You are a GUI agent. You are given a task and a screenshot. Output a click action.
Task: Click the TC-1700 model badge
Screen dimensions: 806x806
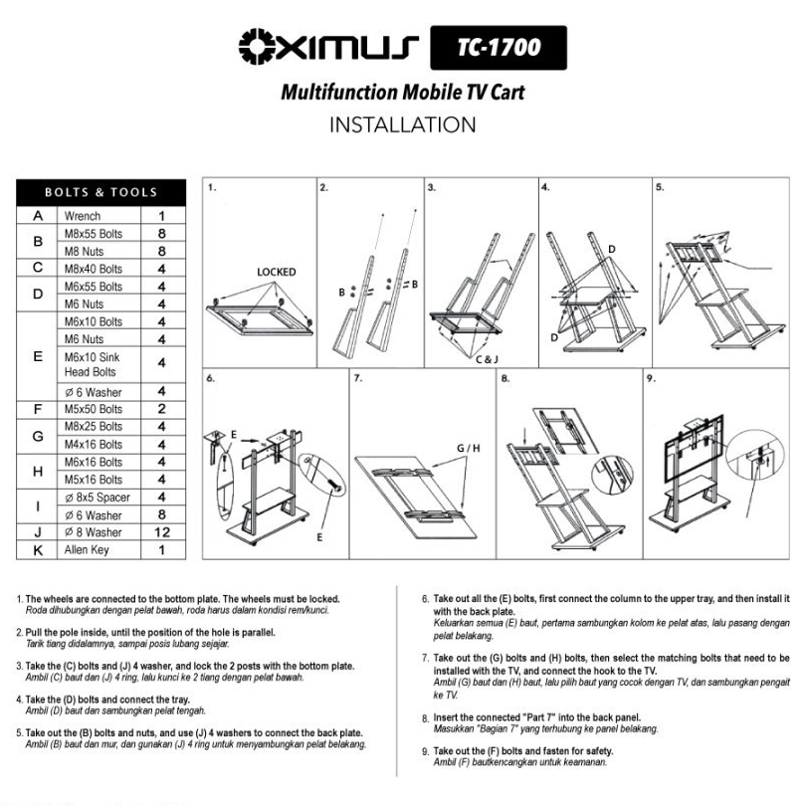[499, 48]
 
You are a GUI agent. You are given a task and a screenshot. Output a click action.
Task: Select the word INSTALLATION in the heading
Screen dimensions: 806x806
[402, 125]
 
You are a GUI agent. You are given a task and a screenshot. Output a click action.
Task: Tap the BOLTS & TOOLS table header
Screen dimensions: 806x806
[101, 192]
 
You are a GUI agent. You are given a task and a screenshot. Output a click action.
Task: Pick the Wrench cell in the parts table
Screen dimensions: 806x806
[83, 216]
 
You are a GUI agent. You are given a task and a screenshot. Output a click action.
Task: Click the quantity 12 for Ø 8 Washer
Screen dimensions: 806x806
[162, 532]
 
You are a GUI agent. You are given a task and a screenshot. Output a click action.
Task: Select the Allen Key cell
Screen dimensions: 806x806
[87, 550]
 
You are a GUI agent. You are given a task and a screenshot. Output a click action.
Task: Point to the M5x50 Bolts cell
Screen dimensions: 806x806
[94, 409]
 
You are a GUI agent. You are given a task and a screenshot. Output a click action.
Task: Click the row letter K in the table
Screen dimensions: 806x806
[38, 550]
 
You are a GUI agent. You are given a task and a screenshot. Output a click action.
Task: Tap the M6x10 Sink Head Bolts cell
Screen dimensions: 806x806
[92, 364]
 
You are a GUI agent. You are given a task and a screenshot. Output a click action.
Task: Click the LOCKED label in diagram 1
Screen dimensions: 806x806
[276, 272]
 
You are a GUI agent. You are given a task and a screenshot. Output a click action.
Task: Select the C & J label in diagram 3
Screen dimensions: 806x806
[487, 359]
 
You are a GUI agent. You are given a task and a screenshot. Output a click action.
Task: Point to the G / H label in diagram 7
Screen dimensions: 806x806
[469, 448]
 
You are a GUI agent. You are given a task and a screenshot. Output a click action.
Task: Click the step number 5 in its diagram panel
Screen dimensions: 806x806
[660, 187]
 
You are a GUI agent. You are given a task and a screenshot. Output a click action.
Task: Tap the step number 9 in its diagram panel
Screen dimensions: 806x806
[651, 378]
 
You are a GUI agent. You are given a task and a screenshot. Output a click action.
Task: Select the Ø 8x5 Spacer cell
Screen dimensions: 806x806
[97, 498]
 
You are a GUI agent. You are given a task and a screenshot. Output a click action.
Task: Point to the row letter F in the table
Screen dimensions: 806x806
[38, 410]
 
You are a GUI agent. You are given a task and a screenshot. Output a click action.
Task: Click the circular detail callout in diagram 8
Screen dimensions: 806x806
[612, 476]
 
